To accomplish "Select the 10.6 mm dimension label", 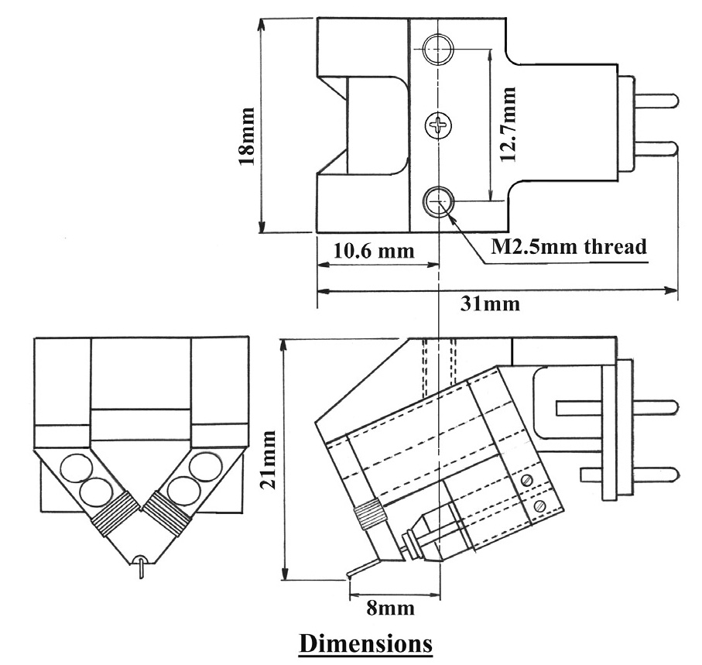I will tap(364, 252).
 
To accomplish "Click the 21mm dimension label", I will tap(269, 461).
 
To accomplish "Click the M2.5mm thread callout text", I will tap(569, 248).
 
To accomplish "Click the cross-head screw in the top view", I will tap(439, 124).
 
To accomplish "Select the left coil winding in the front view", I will tap(108, 516).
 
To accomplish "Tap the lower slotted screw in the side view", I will tap(540, 506).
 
